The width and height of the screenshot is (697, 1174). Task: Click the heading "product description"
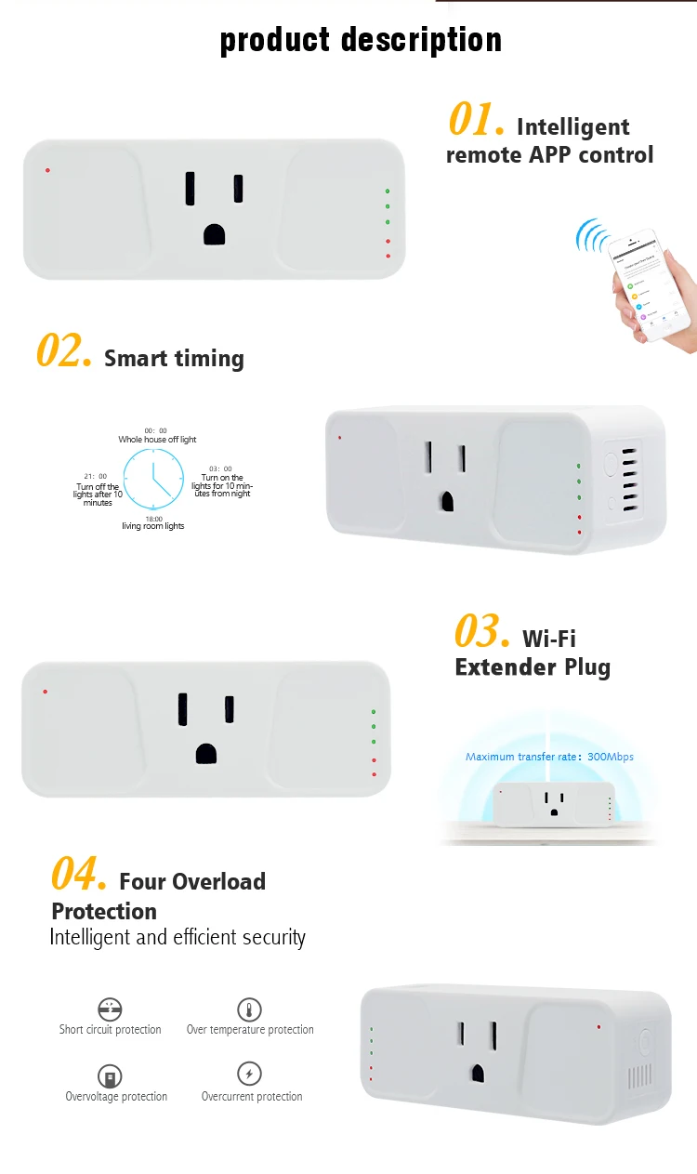click(x=361, y=41)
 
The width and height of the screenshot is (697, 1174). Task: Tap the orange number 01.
click(x=476, y=121)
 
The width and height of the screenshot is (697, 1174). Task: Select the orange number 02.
click(x=63, y=352)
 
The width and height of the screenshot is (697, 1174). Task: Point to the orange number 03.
click(x=481, y=632)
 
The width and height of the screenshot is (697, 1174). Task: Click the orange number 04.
click(x=78, y=875)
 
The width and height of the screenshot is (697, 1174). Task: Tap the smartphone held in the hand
click(x=650, y=283)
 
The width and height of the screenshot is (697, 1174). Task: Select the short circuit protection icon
click(x=110, y=1009)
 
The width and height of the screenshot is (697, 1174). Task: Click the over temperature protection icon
click(x=249, y=1009)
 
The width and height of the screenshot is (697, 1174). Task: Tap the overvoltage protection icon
click(x=111, y=1076)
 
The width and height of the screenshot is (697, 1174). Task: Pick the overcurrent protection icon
click(x=249, y=1075)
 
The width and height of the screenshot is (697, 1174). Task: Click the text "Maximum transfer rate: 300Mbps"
click(x=549, y=757)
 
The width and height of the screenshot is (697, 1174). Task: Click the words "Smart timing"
click(x=174, y=359)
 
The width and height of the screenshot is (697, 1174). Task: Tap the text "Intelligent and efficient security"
click(x=178, y=937)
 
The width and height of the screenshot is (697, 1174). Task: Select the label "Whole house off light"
click(x=157, y=440)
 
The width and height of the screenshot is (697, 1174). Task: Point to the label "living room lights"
click(x=153, y=526)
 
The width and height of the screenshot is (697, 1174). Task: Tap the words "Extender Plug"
click(x=533, y=667)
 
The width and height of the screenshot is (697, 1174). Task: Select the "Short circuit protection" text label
click(x=110, y=1030)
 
